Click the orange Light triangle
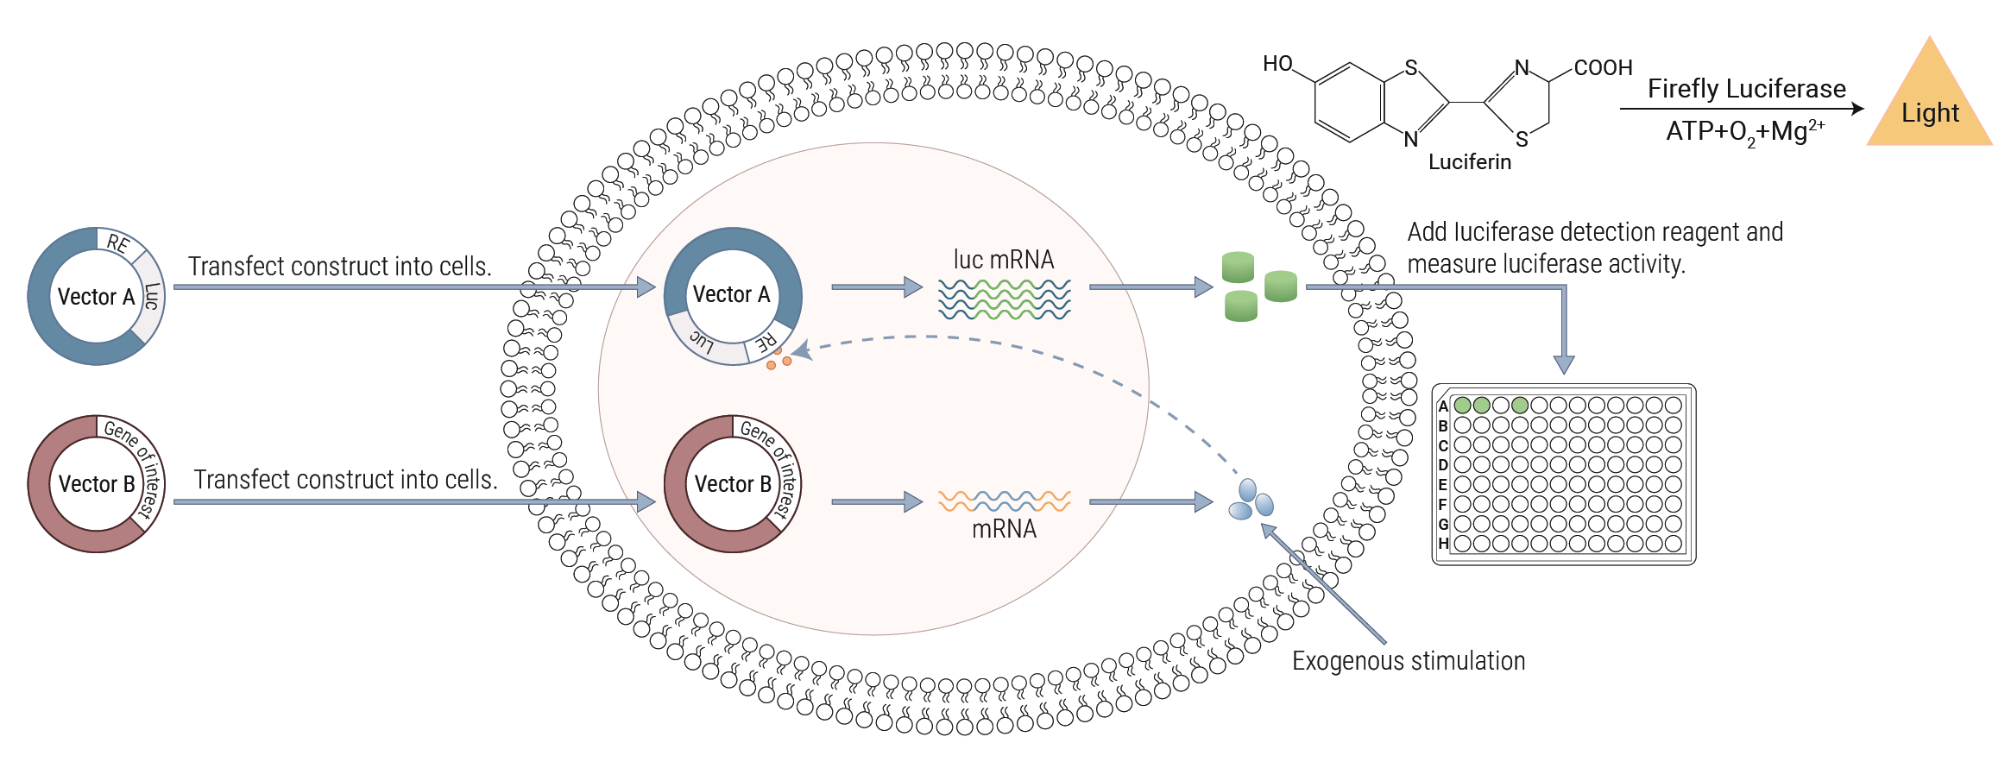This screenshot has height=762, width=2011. (x=1930, y=108)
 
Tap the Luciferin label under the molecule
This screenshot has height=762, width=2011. (x=1469, y=162)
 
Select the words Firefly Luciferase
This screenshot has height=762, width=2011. (x=1746, y=89)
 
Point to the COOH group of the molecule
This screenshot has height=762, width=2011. (x=1603, y=67)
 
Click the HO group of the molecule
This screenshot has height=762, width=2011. (x=1277, y=64)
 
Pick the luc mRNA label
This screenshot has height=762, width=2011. (x=1003, y=260)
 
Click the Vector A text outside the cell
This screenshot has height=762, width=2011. (x=96, y=297)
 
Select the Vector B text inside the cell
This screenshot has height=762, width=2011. (x=733, y=484)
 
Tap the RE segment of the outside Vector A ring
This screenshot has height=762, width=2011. (x=117, y=243)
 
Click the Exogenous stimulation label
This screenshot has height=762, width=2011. (x=1408, y=661)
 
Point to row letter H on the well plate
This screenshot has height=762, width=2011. (x=1443, y=544)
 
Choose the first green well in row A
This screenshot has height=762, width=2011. (x=1462, y=405)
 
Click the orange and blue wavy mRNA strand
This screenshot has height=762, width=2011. (x=1004, y=501)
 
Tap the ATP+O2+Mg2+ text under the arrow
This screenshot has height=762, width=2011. (x=1744, y=132)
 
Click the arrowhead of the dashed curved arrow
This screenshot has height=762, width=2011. (x=801, y=350)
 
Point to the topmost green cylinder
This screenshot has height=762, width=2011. (x=1238, y=267)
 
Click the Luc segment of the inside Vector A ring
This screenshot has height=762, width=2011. (x=702, y=343)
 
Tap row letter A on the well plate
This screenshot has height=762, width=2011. (x=1443, y=406)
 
